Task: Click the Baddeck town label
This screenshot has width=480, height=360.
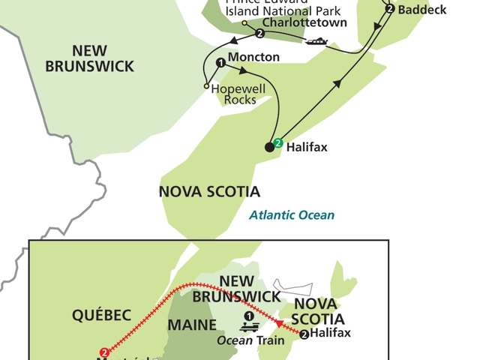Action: point(423,10)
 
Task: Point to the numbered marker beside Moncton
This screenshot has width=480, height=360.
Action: point(220,63)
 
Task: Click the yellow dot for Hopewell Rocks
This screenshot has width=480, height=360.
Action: point(206,87)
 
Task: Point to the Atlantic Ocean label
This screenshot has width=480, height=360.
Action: point(292,215)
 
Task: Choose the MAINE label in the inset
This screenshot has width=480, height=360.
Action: point(191,325)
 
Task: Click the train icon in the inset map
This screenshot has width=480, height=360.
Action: point(249,327)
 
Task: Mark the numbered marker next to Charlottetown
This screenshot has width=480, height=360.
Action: point(259,34)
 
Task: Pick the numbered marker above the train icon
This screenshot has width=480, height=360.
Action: point(249,315)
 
